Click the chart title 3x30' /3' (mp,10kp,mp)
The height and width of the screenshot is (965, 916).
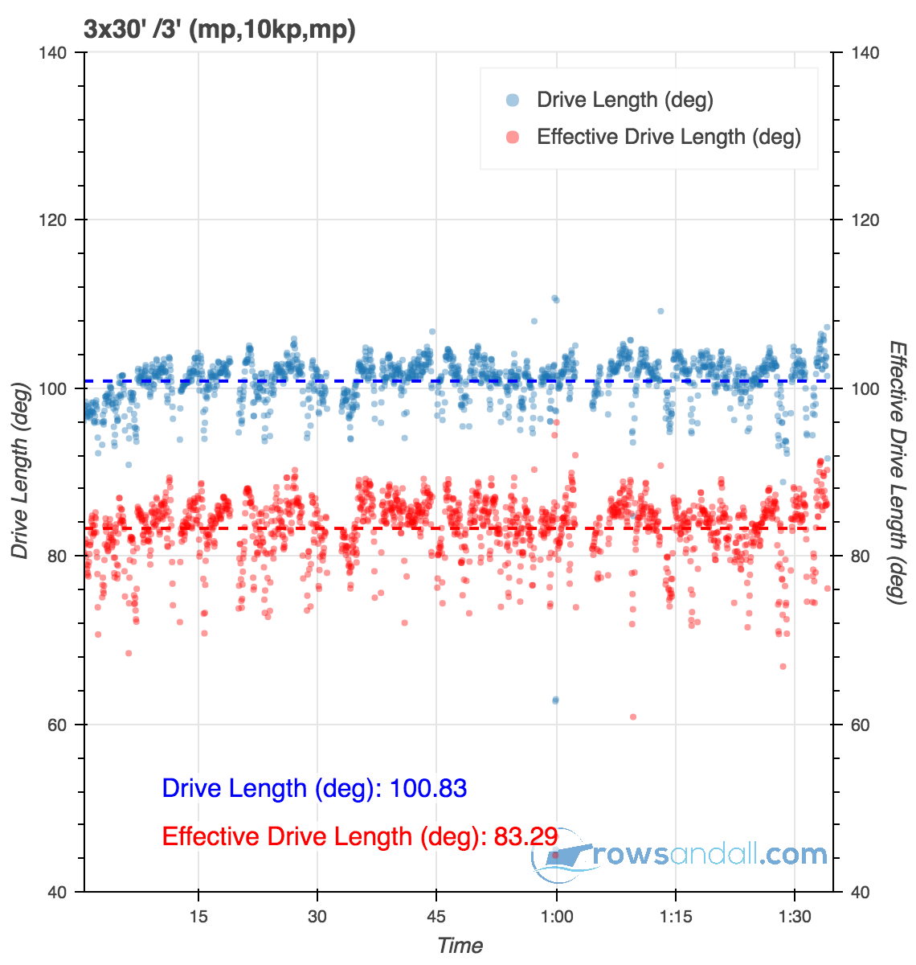coord(219,30)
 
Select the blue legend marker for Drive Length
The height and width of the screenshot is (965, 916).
coord(512,100)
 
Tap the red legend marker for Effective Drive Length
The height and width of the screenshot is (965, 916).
coord(512,137)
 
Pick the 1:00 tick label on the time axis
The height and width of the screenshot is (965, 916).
coord(556,918)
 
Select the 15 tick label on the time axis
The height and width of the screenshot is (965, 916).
coord(198,918)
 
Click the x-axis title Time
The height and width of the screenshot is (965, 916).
coord(460,946)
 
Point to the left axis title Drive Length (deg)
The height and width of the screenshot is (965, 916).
coord(20,473)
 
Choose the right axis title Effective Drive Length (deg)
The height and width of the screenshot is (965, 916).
coord(898,472)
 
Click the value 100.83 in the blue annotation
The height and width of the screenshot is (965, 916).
coord(427,788)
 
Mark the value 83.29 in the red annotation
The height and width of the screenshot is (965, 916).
coord(525,836)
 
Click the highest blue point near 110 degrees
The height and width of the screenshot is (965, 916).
coord(555,299)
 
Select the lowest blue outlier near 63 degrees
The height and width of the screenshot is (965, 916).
coord(555,700)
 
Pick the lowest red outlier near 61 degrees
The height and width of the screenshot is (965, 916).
coord(633,717)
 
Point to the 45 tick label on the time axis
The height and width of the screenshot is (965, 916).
coord(436,918)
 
